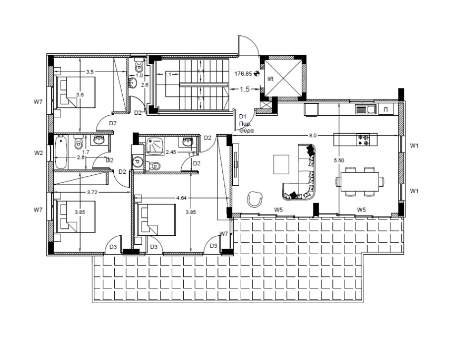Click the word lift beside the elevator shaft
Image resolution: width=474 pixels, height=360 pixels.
[x=271, y=79]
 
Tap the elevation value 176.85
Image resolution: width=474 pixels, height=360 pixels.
[x=243, y=74]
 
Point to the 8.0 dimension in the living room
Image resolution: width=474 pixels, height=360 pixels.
[x=312, y=136]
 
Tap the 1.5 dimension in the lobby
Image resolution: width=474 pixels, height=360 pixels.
[x=244, y=89]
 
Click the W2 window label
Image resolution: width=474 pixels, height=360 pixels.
[x=38, y=153]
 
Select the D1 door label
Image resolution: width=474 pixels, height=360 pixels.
[x=243, y=116]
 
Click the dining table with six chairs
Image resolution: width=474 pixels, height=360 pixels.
[x=361, y=182]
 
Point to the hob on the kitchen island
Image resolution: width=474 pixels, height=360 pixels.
[x=364, y=139]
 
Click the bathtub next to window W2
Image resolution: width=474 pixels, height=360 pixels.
[x=60, y=153]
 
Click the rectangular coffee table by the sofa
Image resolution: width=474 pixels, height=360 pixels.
[x=281, y=163]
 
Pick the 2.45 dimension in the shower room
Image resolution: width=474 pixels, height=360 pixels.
[x=171, y=152]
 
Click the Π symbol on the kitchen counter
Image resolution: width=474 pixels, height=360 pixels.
[x=386, y=109]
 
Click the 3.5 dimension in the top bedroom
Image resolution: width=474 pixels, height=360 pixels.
[x=90, y=72]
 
